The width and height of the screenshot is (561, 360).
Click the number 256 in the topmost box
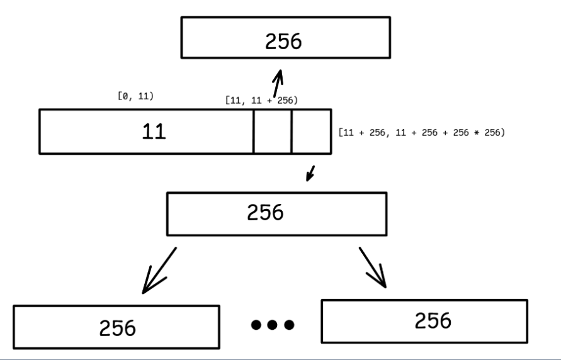click(283, 41)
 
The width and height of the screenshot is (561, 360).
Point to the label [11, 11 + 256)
click(261, 100)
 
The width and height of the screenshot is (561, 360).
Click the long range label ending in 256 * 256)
click(421, 133)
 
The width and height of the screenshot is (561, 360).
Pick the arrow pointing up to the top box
click(278, 85)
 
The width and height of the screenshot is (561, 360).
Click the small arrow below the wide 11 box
click(311, 172)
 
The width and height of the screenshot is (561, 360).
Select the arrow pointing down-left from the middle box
click(158, 271)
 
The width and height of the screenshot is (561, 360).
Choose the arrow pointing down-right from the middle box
click(373, 267)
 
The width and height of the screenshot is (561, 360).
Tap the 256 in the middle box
click(265, 213)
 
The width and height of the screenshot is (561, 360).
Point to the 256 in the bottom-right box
click(433, 320)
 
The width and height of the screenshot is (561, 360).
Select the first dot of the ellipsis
click(257, 325)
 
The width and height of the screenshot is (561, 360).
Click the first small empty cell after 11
click(273, 132)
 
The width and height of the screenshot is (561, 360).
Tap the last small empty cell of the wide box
click(311, 132)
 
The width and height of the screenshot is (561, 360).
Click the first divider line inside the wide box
click(254, 132)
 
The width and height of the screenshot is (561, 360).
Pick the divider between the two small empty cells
click(292, 132)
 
